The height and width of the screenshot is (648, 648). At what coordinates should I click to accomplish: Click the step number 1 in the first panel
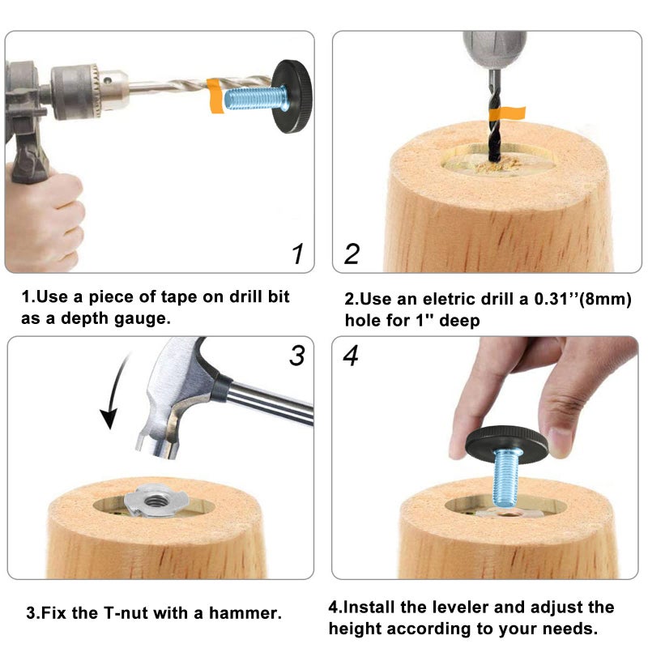click(297, 254)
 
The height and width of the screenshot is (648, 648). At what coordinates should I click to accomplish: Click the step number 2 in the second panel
click(352, 254)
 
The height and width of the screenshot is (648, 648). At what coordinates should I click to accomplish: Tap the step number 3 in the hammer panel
click(297, 355)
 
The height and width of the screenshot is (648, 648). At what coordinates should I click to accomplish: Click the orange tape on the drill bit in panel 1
click(216, 96)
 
